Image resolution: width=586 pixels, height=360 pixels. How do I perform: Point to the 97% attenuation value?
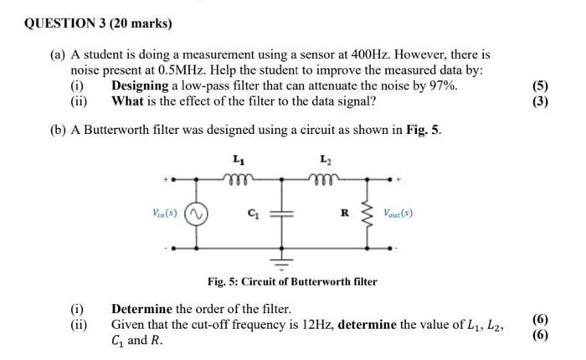point(443,86)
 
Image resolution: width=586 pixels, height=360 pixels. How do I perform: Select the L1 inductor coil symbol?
point(241,176)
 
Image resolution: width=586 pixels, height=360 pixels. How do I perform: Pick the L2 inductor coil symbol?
point(323,176)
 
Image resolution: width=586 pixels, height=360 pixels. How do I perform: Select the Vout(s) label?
point(398,213)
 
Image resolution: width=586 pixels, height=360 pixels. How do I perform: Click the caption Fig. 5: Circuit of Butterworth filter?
point(292,281)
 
